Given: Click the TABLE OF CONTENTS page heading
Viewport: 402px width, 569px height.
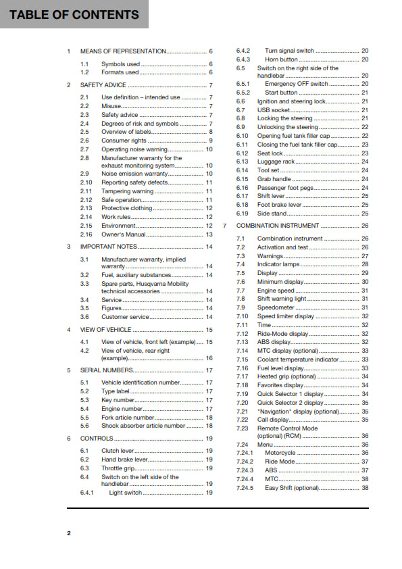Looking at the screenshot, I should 74,15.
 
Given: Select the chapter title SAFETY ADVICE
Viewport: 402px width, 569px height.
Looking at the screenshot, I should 103,85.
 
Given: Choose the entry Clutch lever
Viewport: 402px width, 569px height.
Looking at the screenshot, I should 118,451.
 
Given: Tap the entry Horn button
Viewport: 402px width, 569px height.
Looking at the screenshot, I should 281,59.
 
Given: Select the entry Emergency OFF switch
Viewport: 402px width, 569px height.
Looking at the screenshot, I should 297,84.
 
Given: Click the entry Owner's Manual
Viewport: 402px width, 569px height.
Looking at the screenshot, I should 124,234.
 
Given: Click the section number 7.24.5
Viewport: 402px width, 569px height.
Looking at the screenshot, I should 245,488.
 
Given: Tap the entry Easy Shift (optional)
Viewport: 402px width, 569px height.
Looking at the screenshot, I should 292,488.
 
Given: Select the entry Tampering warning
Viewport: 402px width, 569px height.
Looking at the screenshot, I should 128,191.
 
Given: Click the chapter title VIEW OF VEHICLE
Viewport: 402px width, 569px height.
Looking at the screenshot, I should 106,330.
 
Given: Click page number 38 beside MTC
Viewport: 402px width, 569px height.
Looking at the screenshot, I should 365,479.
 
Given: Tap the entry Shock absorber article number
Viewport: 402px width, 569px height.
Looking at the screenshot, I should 143,426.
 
